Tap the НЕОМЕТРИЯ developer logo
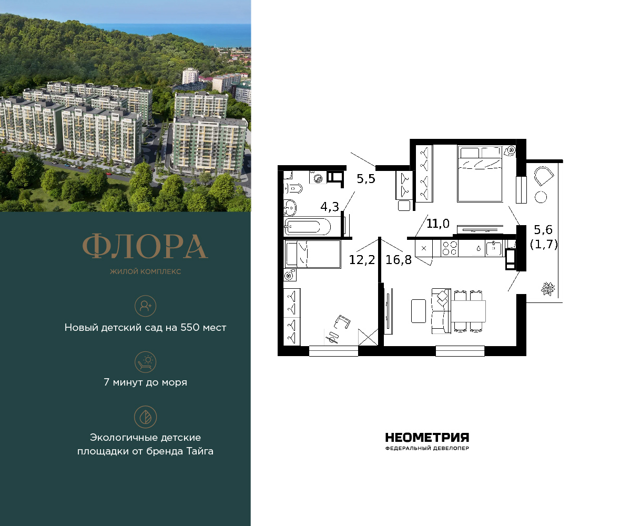tap(427, 438)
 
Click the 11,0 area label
tap(437, 224)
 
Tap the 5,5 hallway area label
tap(367, 179)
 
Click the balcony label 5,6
tap(544, 229)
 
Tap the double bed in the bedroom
tap(479, 174)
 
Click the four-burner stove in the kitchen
tap(450, 248)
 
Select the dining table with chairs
tap(469, 310)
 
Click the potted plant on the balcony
tap(548, 288)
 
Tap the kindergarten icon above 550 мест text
tap(145, 305)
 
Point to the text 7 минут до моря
tap(145, 382)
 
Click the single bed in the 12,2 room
tap(312, 254)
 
